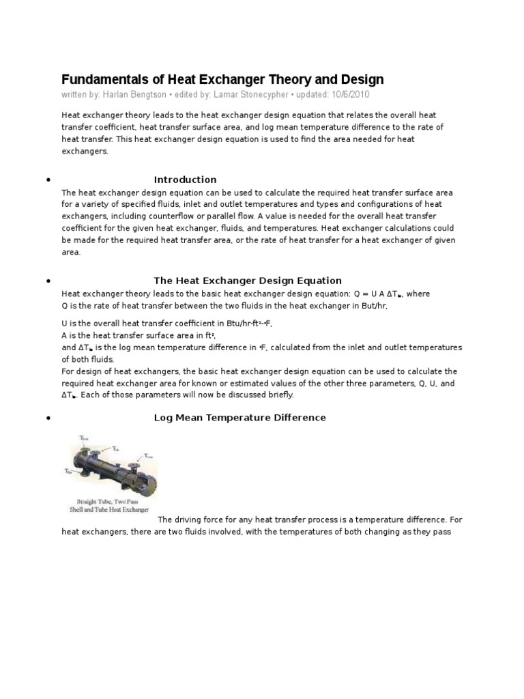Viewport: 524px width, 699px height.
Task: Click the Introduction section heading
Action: (x=185, y=180)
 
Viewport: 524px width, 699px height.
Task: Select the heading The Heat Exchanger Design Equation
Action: (x=248, y=281)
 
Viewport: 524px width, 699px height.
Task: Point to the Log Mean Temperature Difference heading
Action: (x=239, y=417)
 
